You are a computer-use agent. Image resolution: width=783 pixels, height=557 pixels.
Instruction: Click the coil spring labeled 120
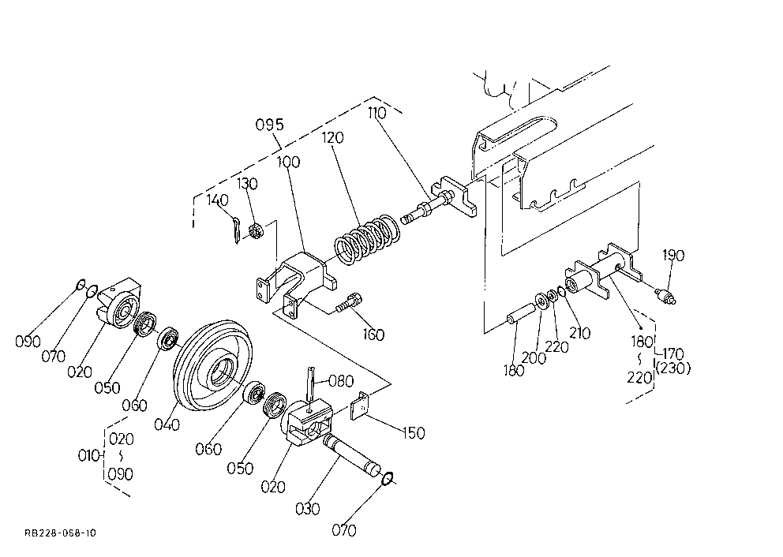click(367, 239)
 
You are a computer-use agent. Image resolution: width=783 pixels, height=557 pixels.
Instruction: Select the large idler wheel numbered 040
click(214, 366)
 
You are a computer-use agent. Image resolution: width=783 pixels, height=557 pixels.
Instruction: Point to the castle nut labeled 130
click(256, 232)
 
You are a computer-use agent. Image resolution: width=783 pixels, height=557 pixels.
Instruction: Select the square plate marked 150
click(360, 406)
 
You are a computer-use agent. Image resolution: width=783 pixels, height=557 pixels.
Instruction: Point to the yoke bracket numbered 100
click(296, 283)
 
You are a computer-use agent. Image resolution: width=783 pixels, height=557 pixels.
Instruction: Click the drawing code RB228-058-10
click(60, 533)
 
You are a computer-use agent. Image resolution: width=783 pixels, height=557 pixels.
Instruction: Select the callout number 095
click(270, 125)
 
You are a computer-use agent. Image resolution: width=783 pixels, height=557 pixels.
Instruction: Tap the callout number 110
click(377, 113)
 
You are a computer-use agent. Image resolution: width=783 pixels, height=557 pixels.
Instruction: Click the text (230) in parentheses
click(673, 368)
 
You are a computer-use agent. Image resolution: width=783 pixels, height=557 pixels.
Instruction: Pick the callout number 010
click(89, 456)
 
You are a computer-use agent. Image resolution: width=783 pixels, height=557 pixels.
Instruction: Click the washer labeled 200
click(541, 301)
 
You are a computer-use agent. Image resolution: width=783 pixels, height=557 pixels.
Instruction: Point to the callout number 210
click(580, 333)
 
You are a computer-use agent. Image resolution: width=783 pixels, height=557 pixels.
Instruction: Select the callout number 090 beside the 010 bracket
click(121, 473)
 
